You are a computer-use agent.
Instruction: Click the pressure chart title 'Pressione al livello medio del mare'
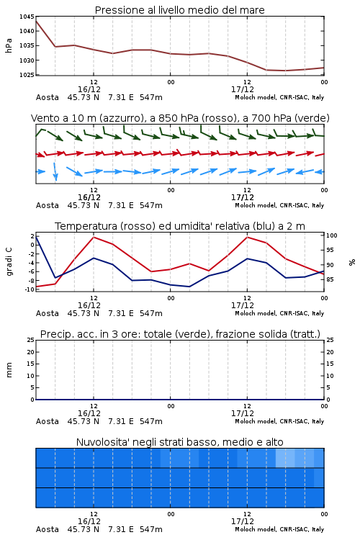(179, 10)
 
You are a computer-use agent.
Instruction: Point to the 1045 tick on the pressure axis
(27, 17)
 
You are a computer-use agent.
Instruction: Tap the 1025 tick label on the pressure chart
(27, 75)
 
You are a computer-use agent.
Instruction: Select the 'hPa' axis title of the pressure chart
(9, 45)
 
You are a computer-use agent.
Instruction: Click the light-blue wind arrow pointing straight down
(55, 171)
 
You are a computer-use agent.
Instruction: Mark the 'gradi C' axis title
(9, 261)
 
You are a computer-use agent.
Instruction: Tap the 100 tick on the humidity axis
(332, 235)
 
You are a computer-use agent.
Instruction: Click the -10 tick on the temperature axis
(30, 289)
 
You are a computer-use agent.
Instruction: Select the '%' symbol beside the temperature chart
(352, 262)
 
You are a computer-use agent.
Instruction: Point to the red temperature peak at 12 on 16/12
(94, 237)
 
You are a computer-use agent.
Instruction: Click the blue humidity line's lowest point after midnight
(189, 287)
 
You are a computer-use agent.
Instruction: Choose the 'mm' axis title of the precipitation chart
(9, 370)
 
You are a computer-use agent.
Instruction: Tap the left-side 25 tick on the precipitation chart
(31, 340)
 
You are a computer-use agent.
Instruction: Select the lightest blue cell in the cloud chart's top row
(285, 458)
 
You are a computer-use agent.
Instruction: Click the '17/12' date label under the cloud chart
(243, 521)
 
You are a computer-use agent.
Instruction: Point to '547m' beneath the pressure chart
(151, 97)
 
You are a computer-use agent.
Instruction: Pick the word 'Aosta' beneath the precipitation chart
(48, 421)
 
